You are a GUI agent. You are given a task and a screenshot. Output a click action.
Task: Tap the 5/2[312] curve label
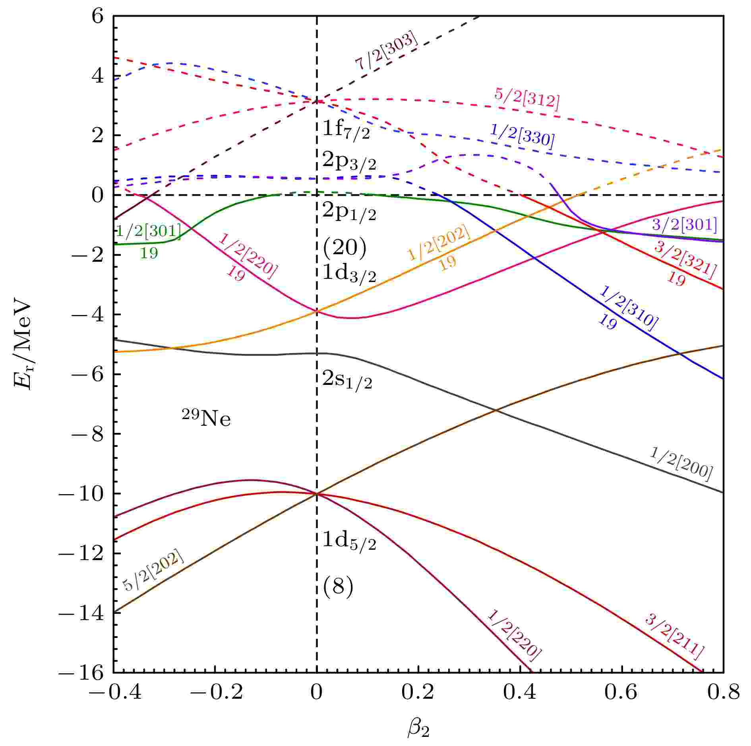(527, 99)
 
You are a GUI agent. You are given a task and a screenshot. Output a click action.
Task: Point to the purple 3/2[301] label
(684, 225)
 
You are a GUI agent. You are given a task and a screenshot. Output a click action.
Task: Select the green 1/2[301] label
(149, 232)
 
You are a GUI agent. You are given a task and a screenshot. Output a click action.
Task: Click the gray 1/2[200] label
(681, 464)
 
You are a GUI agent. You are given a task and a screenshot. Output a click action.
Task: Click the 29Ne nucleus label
(206, 420)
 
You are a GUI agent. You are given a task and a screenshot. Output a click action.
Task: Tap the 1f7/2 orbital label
(346, 130)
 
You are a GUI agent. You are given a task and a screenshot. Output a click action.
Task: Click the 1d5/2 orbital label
(348, 541)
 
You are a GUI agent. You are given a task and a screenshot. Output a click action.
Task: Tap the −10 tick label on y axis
(83, 494)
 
